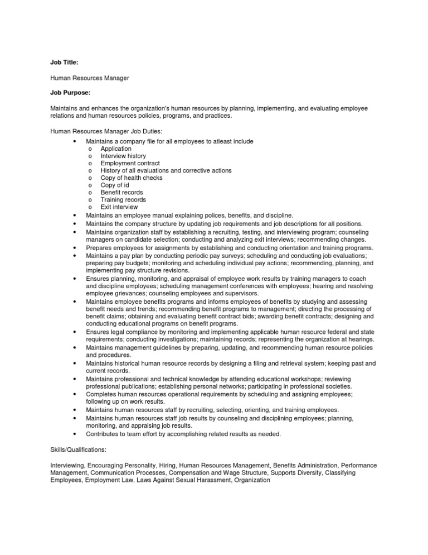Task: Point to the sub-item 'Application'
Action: (x=116, y=149)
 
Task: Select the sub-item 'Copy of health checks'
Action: (x=132, y=178)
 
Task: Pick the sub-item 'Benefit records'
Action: (x=121, y=193)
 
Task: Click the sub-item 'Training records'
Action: (x=123, y=200)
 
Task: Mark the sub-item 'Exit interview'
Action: (x=119, y=207)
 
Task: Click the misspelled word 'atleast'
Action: (x=219, y=142)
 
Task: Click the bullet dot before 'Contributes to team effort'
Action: (x=74, y=434)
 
